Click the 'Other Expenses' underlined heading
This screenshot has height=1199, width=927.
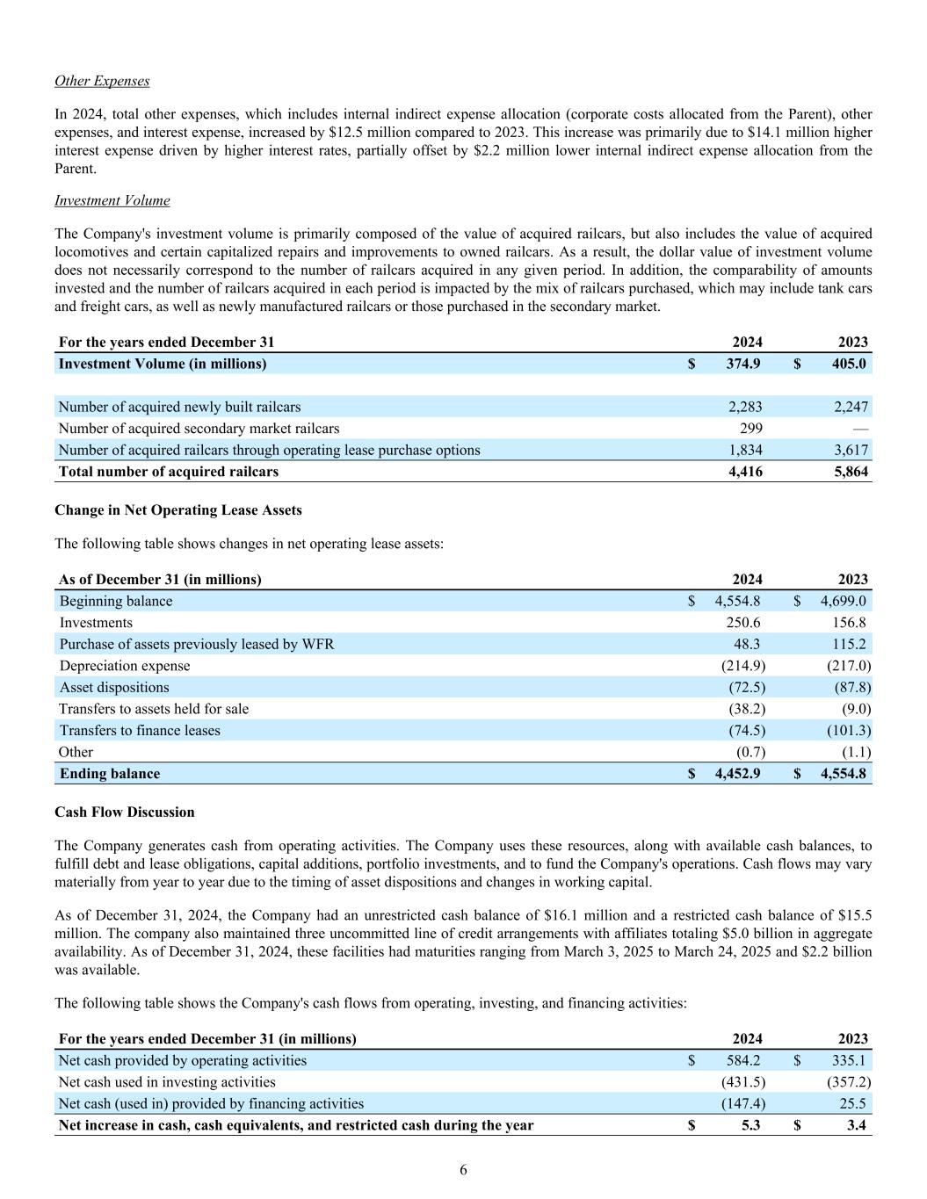point(102,81)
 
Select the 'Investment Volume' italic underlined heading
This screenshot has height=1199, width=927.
point(112,200)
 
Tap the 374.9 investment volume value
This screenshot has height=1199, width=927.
point(744,364)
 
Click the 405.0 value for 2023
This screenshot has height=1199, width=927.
point(849,364)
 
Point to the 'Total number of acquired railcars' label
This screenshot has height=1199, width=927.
point(169,472)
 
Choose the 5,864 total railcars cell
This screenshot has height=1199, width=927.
point(851,472)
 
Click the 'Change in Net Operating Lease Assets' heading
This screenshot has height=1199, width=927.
point(178,510)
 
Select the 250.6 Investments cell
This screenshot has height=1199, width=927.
point(743,623)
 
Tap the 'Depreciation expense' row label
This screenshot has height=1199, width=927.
point(125,666)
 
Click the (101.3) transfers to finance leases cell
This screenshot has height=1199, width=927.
point(848,731)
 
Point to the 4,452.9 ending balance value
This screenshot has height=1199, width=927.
point(738,774)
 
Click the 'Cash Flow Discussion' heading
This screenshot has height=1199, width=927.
point(125,813)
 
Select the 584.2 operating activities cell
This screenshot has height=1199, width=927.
point(743,1061)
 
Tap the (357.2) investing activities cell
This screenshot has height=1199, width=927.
point(848,1082)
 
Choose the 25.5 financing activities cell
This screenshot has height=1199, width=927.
point(853,1104)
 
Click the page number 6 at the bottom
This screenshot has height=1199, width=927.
point(463,1170)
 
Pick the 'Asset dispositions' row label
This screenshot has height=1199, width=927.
point(114,688)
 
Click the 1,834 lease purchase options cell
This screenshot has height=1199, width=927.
point(745,451)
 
